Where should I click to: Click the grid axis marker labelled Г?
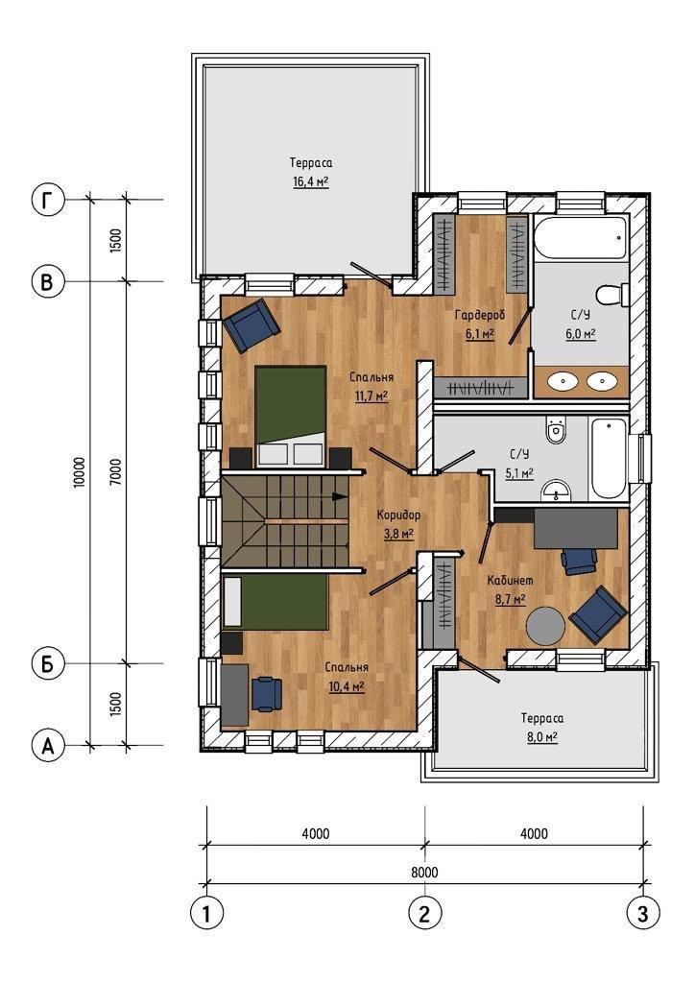(48, 201)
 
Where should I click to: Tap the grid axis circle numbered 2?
(425, 914)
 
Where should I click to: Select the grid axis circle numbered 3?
(643, 914)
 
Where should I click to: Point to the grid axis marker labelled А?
(48, 746)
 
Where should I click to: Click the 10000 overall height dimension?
(79, 472)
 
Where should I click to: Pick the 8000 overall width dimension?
(425, 872)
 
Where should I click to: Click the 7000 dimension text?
(116, 472)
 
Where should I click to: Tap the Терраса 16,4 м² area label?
(311, 173)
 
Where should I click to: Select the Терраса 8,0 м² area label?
(542, 728)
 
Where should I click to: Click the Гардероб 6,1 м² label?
(479, 324)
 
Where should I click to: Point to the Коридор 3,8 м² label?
(398, 524)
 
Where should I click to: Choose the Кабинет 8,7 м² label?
(511, 590)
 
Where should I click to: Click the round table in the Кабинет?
(546, 625)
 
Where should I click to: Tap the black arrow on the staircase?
(339, 496)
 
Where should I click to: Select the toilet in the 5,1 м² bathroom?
(556, 430)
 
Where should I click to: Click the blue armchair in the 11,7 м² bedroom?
(251, 324)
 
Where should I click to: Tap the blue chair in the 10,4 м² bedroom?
(266, 693)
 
